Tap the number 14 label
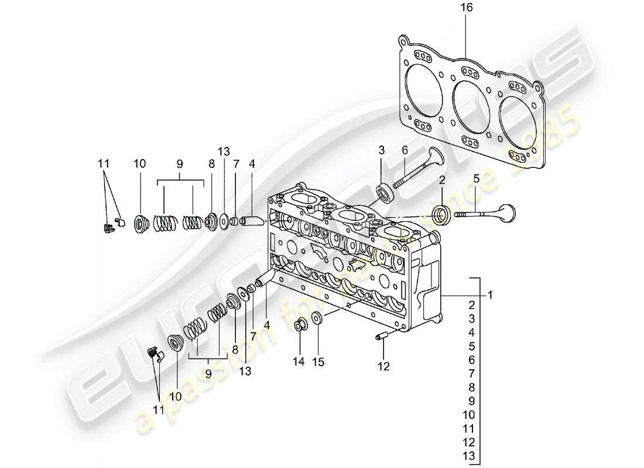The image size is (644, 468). pyautogui.click(x=299, y=362)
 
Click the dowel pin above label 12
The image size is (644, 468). pyautogui.click(x=383, y=337)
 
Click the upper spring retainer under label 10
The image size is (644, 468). pyautogui.click(x=141, y=223)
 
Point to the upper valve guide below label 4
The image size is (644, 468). pyautogui.click(x=253, y=222)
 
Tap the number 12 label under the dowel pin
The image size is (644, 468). pyautogui.click(x=383, y=367)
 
